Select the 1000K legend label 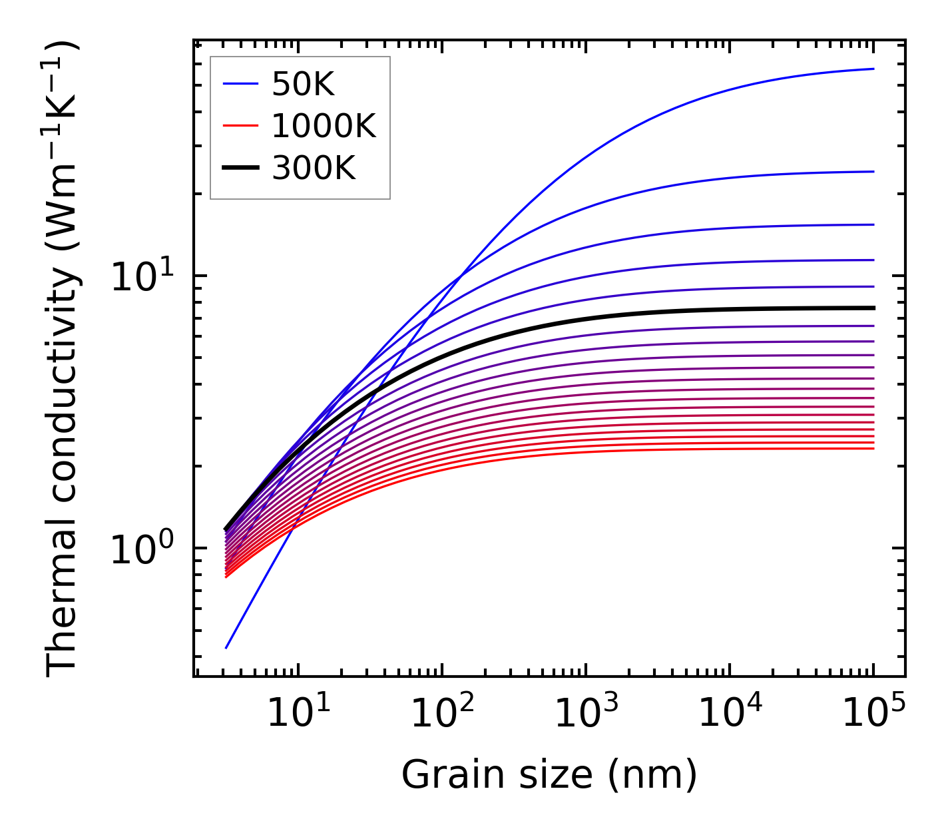click(324, 126)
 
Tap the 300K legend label click(314, 168)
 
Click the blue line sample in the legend click(240, 84)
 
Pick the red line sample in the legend click(240, 126)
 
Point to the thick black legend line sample click(240, 168)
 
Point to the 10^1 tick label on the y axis click(141, 276)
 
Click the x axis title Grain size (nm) click(549, 774)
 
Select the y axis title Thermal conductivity click(63, 360)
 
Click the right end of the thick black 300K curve click(873, 308)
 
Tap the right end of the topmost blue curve click(873, 69)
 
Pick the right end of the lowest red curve click(873, 448)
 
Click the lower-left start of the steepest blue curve click(227, 647)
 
